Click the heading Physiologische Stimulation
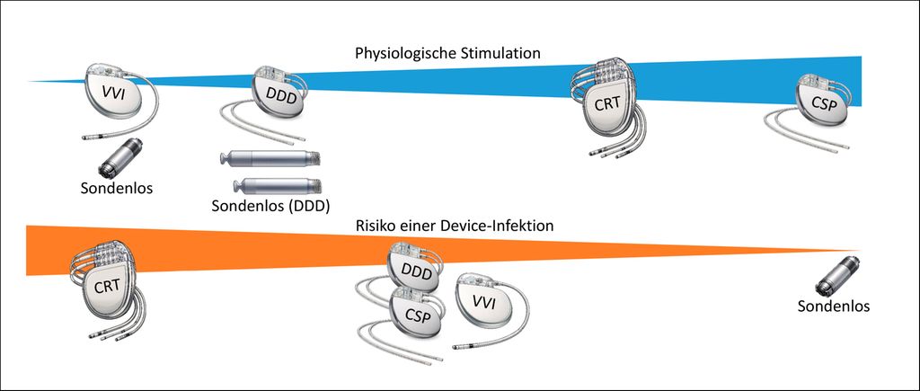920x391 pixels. tap(447, 54)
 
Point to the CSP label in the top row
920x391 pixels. tap(826, 102)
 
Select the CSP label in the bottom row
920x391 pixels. tap(415, 315)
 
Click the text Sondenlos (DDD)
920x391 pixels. tap(270, 206)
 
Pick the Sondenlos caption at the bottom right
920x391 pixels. tap(833, 307)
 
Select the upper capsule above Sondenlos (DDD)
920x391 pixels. tap(270, 160)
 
